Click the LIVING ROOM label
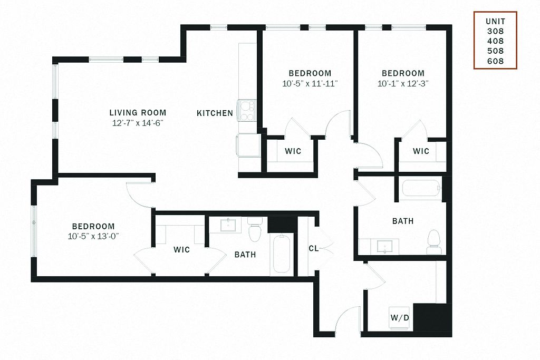click(138, 113)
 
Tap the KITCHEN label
click(215, 113)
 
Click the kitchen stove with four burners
click(247, 110)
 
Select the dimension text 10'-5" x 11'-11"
click(310, 84)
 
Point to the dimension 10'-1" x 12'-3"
click(403, 84)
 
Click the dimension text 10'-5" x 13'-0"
click(93, 237)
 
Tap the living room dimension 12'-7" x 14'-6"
click(138, 123)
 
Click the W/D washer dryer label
click(400, 317)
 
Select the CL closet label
click(314, 248)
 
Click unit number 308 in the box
click(495, 31)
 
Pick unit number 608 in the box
click(495, 61)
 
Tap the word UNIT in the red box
click(496, 21)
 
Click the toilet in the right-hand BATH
click(434, 242)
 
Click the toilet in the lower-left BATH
click(255, 229)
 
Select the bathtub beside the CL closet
click(282, 254)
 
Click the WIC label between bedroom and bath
click(181, 249)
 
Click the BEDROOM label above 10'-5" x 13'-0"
click(93, 227)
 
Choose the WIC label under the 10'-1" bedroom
click(421, 151)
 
